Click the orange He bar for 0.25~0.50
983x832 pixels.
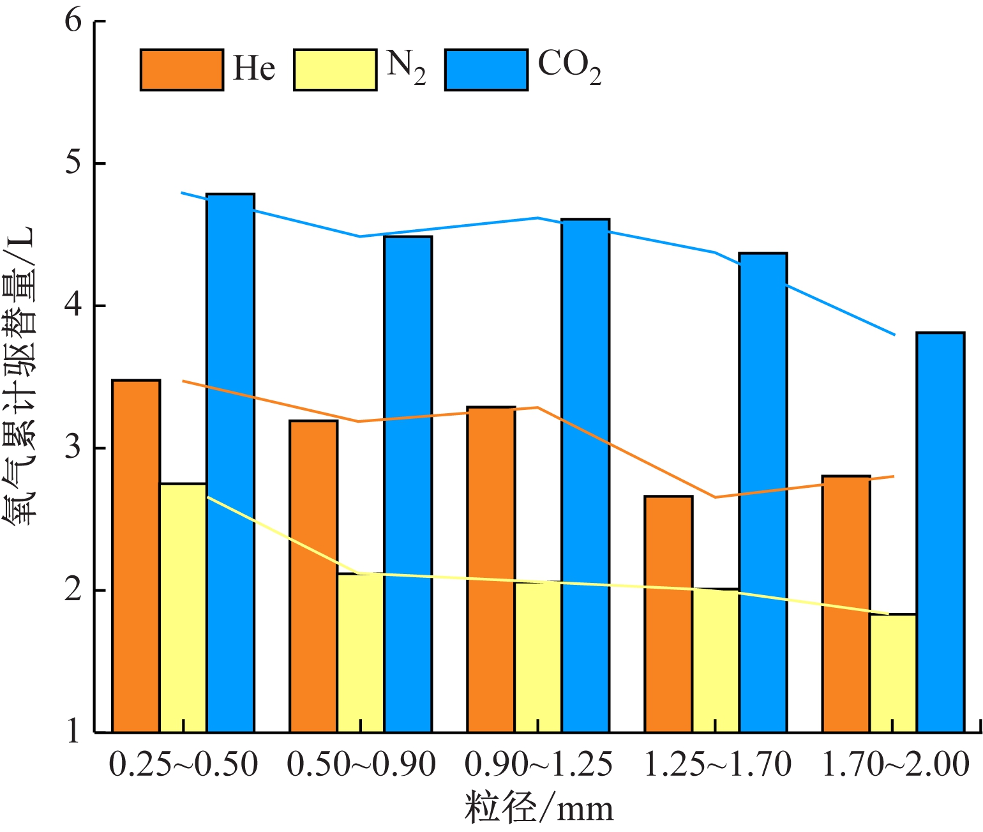(x=136, y=556)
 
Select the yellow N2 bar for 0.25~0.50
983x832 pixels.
(x=183, y=607)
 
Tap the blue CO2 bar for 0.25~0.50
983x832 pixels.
(x=230, y=463)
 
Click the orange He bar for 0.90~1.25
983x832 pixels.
(x=491, y=568)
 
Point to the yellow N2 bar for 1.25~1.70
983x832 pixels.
(x=716, y=660)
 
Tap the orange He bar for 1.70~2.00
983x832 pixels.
(x=846, y=603)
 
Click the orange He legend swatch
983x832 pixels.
(x=182, y=70)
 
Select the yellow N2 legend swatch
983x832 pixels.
(x=335, y=70)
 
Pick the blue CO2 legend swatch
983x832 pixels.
(x=486, y=70)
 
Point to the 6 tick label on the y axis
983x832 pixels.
(x=73, y=21)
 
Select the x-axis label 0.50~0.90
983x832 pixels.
(x=361, y=764)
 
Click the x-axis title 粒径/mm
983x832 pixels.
(x=539, y=808)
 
